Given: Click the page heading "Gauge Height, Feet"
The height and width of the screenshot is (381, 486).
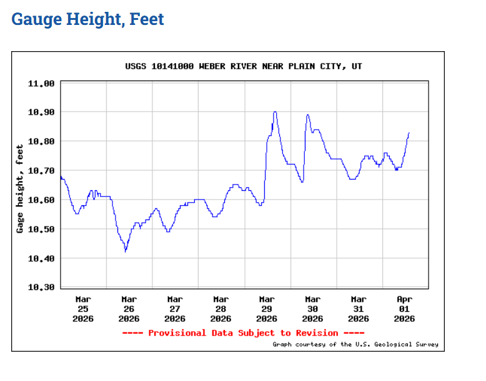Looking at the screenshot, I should pyautogui.click(x=87, y=19).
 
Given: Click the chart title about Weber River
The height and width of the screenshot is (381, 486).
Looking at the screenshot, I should pyautogui.click(x=244, y=66).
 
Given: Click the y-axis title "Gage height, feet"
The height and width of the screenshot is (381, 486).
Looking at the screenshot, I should pyautogui.click(x=20, y=188).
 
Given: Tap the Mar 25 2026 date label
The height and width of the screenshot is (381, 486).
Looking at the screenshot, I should pyautogui.click(x=83, y=309).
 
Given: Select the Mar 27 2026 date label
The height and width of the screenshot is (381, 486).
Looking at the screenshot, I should pyautogui.click(x=175, y=309).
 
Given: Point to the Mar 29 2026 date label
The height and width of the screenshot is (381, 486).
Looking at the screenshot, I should pyautogui.click(x=267, y=309).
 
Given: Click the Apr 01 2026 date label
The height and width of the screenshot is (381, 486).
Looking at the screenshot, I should pyautogui.click(x=405, y=309).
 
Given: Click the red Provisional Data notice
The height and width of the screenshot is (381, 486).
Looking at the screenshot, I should pyautogui.click(x=243, y=333).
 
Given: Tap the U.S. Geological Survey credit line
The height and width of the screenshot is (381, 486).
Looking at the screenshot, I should pyautogui.click(x=355, y=344).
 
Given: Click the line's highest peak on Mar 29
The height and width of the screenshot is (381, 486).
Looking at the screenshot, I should pyautogui.click(x=275, y=112).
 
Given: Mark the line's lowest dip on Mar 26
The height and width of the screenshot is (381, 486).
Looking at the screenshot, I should pyautogui.click(x=126, y=251).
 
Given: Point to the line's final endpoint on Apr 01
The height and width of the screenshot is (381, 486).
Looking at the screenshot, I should pyautogui.click(x=409, y=132).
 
